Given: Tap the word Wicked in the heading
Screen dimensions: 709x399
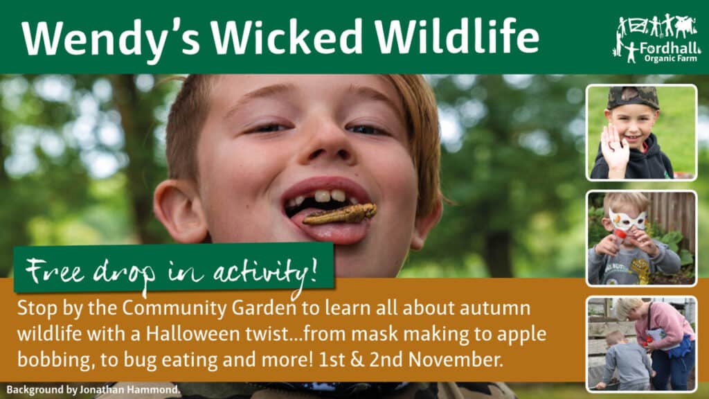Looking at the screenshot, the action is point(286,36).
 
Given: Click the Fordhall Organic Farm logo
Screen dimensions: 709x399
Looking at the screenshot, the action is point(657,38).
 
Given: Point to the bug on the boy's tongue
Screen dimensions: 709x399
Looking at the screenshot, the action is point(339,214).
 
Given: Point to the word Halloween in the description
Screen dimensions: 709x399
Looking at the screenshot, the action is point(192,334).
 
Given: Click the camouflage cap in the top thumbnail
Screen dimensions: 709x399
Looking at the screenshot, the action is point(632,97).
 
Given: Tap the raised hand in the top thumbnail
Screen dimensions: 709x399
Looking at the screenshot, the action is point(615,150).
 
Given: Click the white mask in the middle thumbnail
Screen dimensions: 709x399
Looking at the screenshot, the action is point(627,220).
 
